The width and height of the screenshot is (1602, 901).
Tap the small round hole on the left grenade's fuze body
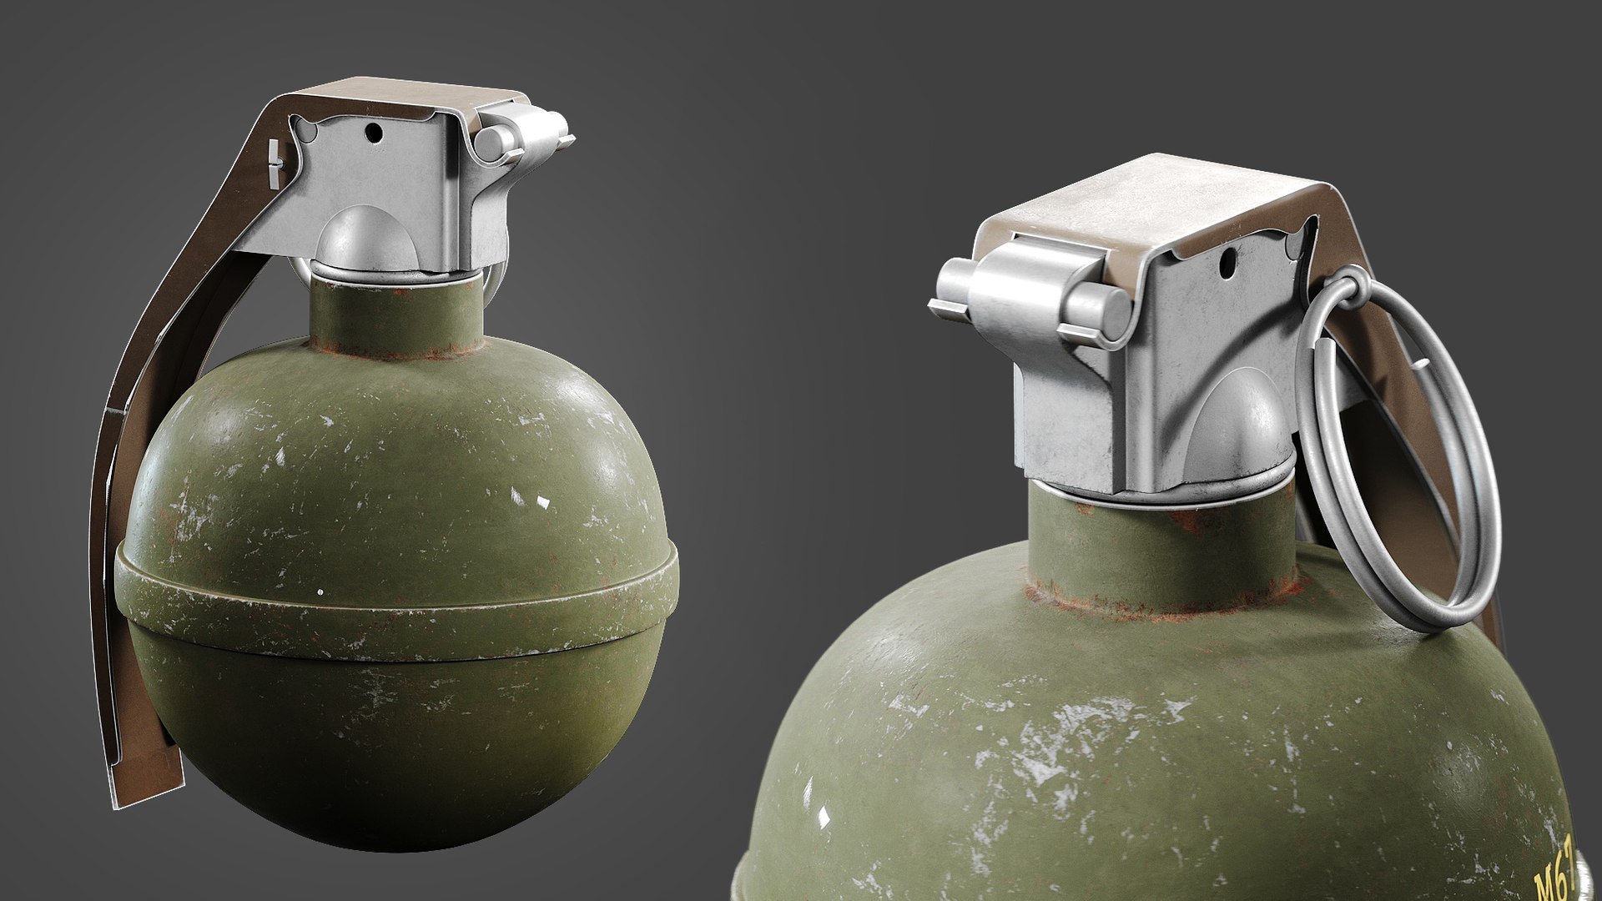[373, 132]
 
